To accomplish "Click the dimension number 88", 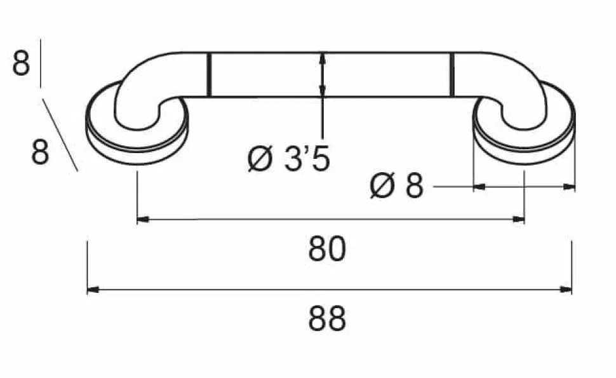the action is click(x=327, y=319).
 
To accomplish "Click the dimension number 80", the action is click(x=327, y=249).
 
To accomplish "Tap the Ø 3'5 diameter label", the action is click(x=289, y=159).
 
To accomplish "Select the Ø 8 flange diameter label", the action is click(x=397, y=186).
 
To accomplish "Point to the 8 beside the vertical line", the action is click(x=21, y=63).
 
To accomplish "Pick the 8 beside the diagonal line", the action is click(x=40, y=152).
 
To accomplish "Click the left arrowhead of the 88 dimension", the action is click(x=92, y=290).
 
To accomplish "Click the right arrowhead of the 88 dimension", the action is click(x=566, y=290).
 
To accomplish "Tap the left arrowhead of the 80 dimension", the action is click(x=143, y=219).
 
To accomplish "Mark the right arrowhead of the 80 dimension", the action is click(x=519, y=219).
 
